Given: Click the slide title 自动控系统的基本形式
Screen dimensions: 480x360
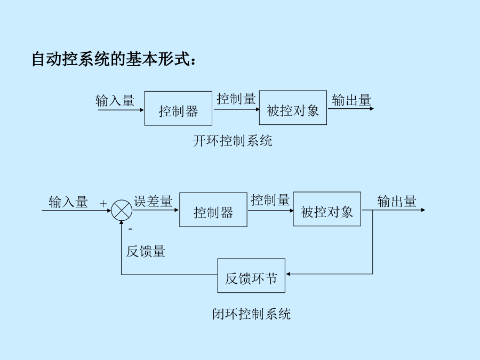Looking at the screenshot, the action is [113, 59].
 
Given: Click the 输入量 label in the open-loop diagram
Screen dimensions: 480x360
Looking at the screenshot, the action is [115, 100].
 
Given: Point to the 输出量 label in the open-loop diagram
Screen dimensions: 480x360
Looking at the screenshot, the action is [351, 100].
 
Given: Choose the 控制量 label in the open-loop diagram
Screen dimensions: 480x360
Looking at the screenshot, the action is [236, 99].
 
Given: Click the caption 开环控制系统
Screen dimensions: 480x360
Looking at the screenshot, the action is [233, 141].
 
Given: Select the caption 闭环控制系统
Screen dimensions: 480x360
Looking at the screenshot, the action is [251, 314].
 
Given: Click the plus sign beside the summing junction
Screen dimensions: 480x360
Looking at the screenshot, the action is [103, 203].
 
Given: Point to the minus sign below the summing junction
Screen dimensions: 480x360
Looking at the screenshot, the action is [131, 229].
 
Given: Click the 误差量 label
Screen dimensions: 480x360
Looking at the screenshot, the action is [153, 202].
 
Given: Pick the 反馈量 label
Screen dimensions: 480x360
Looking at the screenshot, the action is [146, 251].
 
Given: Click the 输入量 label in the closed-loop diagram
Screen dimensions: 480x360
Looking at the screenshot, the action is [68, 202].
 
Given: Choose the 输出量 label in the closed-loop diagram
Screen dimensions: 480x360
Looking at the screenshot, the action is [397, 201].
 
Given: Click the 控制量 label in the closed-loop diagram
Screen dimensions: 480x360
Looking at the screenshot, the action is [270, 200].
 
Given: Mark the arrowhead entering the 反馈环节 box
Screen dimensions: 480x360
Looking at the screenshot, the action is [288, 274].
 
